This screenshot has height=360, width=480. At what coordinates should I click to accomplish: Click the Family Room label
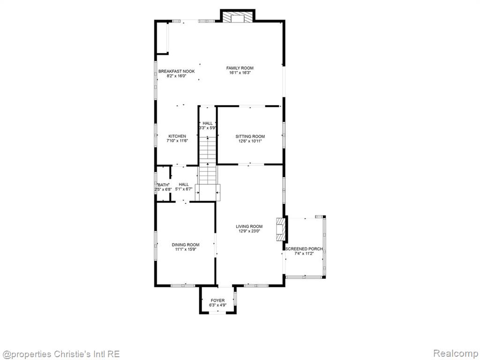(240, 68)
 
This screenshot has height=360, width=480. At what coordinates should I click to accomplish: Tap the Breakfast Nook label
(176, 71)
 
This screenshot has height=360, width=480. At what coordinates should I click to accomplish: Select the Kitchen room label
(177, 136)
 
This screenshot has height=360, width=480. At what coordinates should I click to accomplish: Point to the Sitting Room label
(250, 136)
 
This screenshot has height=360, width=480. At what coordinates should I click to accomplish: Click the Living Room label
(249, 226)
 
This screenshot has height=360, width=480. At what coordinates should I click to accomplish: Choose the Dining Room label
(186, 245)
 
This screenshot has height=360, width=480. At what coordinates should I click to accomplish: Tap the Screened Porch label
(304, 249)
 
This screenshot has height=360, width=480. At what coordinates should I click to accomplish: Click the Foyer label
(217, 300)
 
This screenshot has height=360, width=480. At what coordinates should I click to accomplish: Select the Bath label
(163, 185)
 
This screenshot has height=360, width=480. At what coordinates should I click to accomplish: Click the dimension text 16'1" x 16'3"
(240, 73)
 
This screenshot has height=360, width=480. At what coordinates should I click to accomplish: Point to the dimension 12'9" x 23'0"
(249, 232)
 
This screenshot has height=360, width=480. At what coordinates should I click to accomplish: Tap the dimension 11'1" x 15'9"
(186, 249)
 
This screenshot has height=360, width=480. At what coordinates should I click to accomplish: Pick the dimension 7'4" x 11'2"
(304, 254)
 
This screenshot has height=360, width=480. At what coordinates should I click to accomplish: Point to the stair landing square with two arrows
(208, 193)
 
